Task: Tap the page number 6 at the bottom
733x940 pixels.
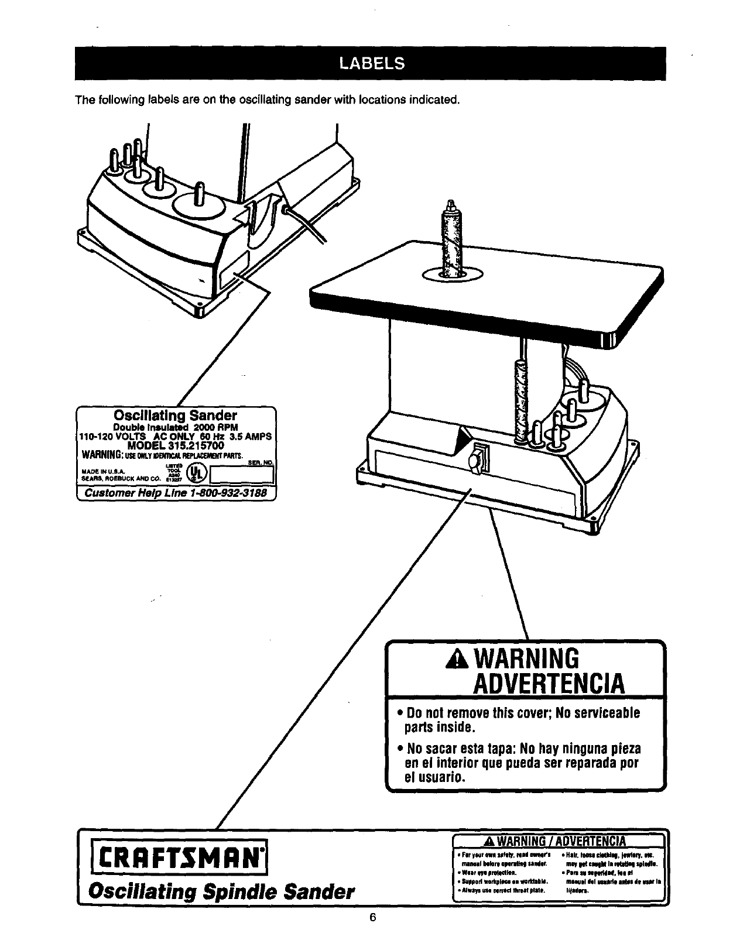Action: [x=371, y=917]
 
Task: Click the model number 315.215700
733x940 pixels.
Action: [x=176, y=445]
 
